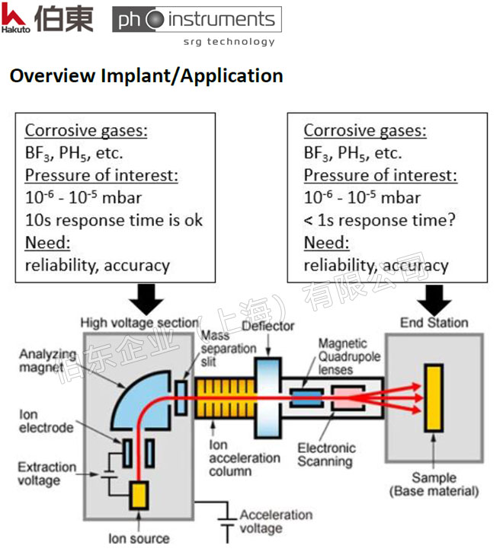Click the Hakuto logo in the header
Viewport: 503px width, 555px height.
47,18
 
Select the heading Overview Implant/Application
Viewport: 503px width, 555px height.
146,76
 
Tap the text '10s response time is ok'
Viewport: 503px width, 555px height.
114,221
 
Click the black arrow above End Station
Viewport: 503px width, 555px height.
434,298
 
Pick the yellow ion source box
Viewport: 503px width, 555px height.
139,496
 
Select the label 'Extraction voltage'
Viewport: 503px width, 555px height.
46,474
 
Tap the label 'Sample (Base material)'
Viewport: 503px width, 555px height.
434,484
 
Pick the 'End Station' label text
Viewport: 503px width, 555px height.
434,323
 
